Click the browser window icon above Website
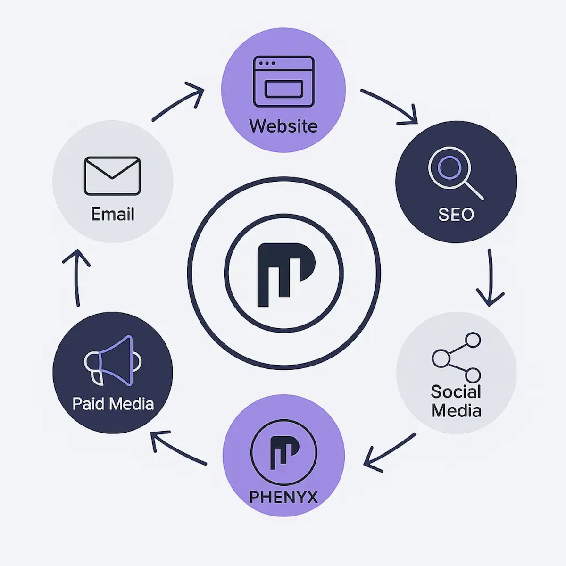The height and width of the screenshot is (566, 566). click(x=283, y=81)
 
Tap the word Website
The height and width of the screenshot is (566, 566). click(x=283, y=126)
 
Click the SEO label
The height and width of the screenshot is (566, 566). click(x=456, y=215)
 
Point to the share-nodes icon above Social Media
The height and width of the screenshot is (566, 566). click(x=457, y=357)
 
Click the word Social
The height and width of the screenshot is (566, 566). click(x=456, y=392)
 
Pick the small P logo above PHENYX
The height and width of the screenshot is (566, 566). click(x=283, y=452)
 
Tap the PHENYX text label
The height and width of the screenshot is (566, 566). click(x=283, y=497)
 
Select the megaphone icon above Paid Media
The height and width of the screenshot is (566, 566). click(x=112, y=360)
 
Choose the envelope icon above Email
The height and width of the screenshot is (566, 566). click(x=112, y=175)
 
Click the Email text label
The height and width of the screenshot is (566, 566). click(x=112, y=215)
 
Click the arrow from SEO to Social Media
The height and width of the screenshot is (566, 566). click(x=490, y=278)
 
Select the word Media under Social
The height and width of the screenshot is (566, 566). click(x=456, y=410)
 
